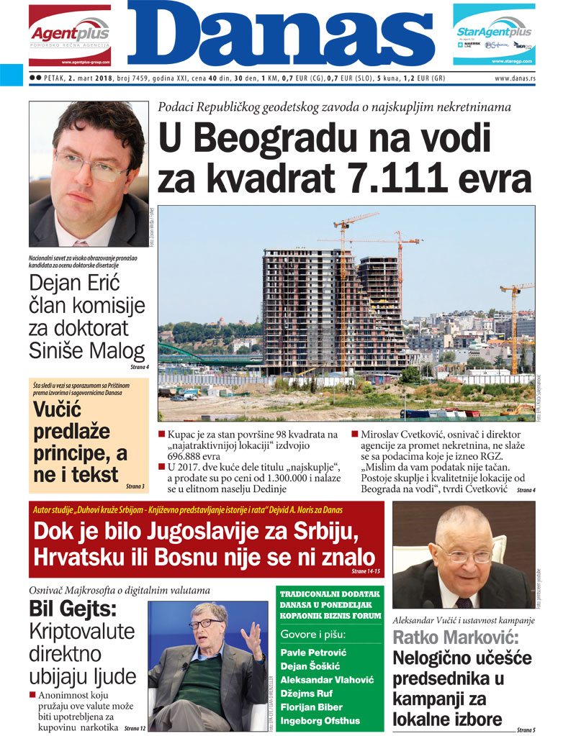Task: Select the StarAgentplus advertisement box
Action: point(494,35)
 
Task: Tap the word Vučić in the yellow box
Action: point(59,410)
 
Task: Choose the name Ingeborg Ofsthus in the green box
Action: point(320,721)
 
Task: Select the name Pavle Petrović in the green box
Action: point(313,653)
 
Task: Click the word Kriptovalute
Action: point(83,632)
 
